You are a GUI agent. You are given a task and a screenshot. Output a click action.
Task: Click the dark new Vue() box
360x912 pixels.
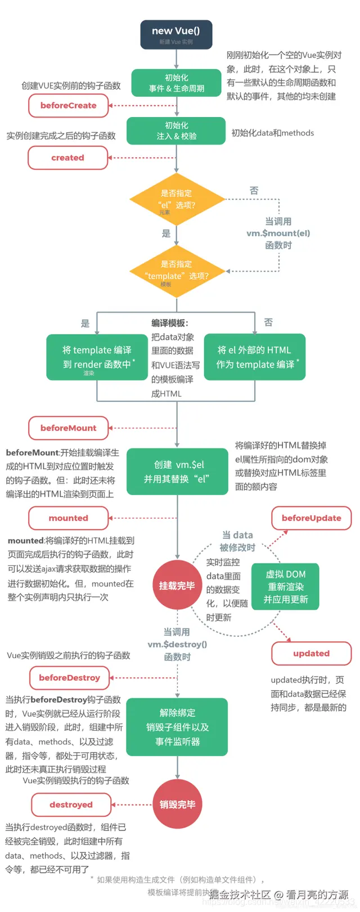pos(175,34)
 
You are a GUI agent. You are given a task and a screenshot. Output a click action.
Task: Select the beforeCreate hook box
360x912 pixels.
pos(68,105)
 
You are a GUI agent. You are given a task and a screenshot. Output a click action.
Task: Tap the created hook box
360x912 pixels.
pos(67,158)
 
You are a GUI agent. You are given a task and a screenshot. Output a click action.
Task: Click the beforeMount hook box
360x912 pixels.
pos(68,428)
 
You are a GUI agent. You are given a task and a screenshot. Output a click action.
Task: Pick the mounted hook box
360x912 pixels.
pos(68,518)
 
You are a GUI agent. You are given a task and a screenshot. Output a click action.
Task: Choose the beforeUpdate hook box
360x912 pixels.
pos(311,518)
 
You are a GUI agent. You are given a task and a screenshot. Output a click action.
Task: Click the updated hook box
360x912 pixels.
pos(311,653)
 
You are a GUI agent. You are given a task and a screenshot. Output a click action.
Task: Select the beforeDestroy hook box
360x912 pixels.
pos(69,677)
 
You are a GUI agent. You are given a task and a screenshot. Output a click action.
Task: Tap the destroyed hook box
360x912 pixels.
pos(71,805)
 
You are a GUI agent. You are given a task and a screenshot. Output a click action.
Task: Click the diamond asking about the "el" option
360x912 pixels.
pos(177,200)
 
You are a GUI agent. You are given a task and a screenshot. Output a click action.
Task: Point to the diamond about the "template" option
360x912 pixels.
pos(177,271)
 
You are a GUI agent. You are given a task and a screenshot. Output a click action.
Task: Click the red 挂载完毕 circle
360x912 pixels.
pos(177,586)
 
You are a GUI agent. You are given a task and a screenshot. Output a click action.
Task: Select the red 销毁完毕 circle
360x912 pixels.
pos(177,805)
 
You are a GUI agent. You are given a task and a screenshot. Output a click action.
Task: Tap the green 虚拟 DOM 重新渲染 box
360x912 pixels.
pos(285,587)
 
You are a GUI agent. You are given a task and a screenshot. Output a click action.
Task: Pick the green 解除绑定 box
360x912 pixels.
pos(177,727)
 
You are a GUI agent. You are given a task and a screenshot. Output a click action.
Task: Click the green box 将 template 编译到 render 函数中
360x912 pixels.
pos(97,357)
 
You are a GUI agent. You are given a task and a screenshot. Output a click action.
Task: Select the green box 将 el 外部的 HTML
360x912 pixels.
pos(255,357)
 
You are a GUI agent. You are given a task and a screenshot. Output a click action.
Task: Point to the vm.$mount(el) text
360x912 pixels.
pos(278,233)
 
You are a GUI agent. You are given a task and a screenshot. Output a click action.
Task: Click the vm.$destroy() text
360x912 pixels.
pos(177,644)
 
